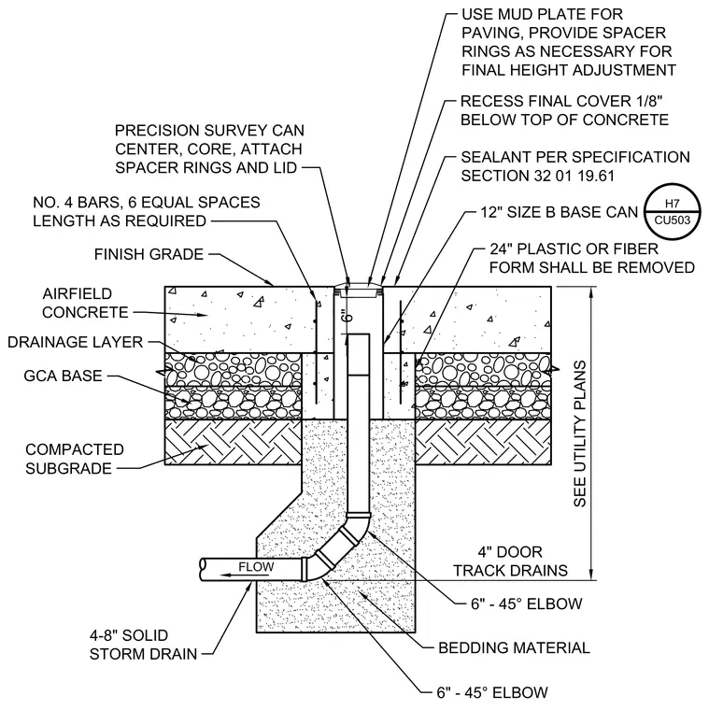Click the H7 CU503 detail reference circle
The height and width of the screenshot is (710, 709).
(672, 211)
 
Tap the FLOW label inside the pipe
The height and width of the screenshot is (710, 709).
(256, 566)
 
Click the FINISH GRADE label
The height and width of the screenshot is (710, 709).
(149, 254)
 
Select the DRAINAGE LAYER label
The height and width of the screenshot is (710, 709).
(75, 342)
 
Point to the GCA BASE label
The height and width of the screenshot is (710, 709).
(63, 376)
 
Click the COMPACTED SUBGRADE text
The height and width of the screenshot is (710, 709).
(75, 459)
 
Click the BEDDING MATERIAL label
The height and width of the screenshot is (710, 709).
(514, 647)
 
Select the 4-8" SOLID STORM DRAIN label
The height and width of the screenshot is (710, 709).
(143, 645)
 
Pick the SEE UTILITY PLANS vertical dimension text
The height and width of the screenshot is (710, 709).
(580, 433)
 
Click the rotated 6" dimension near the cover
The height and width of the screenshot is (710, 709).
(347, 315)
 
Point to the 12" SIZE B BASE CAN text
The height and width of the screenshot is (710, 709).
(560, 212)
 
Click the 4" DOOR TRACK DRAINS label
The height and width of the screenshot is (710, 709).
(510, 561)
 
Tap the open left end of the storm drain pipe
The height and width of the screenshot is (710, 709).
(204, 570)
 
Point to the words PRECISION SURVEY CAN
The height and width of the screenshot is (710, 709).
(209, 131)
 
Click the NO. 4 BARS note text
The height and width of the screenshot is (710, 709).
(147, 211)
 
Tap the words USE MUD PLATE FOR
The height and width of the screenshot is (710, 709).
(543, 14)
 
